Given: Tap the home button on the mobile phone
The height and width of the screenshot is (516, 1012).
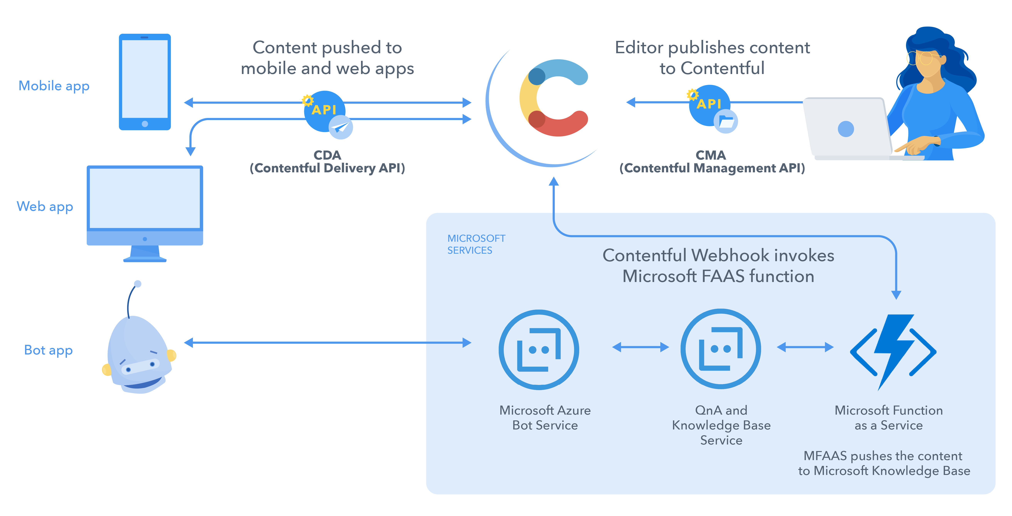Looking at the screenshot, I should (x=145, y=124).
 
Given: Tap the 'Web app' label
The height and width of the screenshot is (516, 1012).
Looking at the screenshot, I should (x=45, y=206).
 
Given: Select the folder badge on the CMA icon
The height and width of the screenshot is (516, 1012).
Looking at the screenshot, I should (x=726, y=122).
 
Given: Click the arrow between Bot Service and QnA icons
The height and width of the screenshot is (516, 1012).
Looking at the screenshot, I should (x=640, y=347).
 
